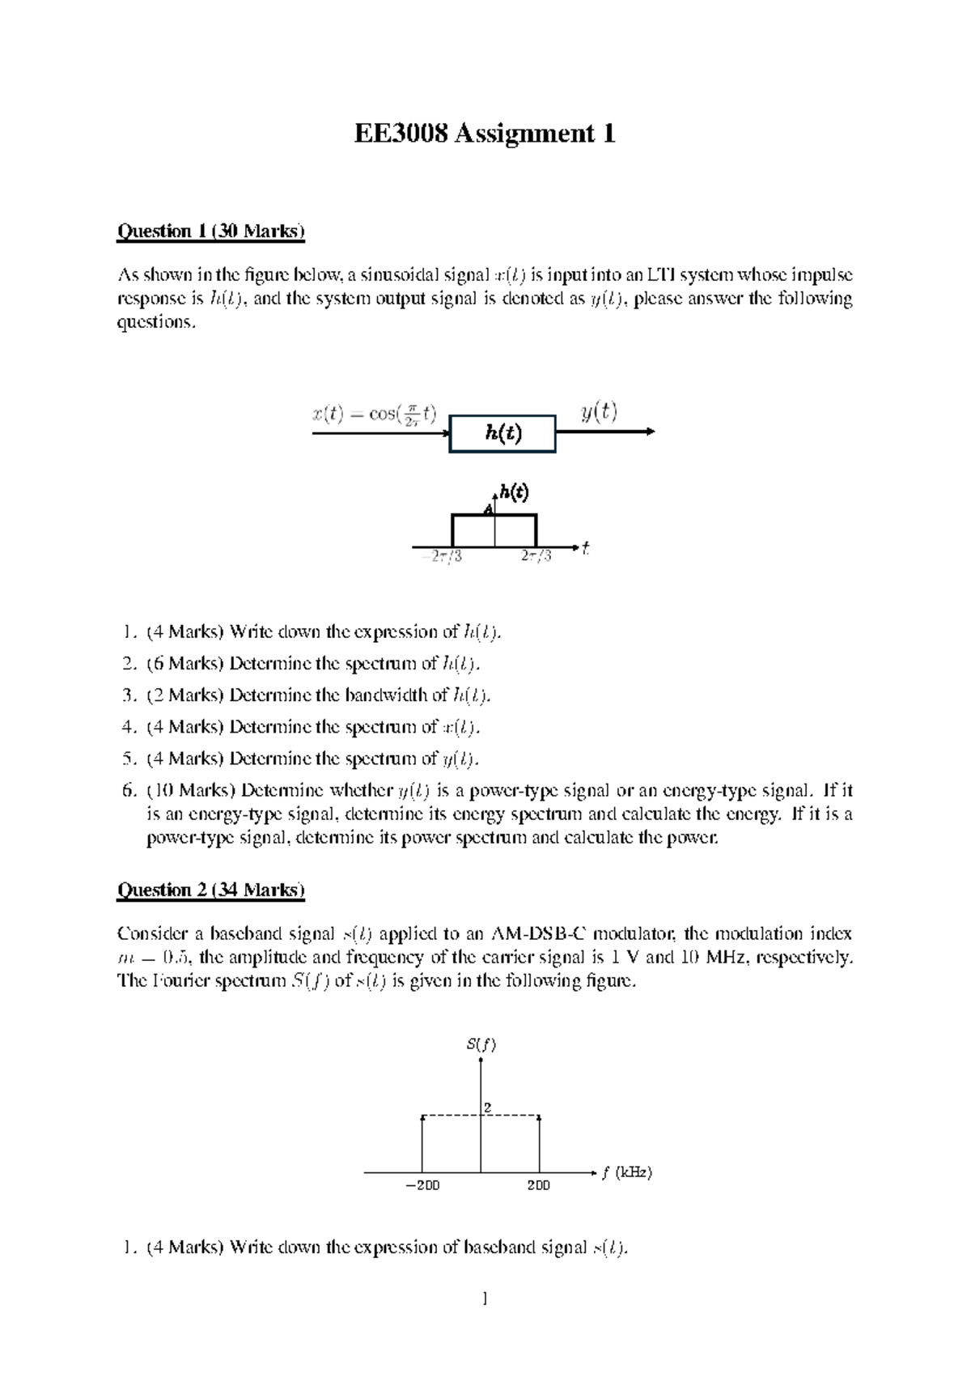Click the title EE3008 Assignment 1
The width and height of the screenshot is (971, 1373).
click(485, 134)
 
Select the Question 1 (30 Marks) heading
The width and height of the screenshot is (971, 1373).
click(211, 232)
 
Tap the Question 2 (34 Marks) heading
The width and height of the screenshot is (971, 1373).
click(211, 891)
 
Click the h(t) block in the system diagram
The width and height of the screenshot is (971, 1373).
click(502, 434)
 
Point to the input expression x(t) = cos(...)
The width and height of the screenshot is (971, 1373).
click(374, 414)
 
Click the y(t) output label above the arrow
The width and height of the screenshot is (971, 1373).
click(599, 412)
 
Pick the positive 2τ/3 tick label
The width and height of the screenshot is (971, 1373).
click(536, 557)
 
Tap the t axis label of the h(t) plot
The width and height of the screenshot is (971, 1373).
click(585, 548)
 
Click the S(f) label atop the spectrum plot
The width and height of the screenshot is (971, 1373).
click(481, 1044)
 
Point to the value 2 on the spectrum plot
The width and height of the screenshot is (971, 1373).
click(488, 1107)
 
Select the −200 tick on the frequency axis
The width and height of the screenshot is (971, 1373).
click(422, 1185)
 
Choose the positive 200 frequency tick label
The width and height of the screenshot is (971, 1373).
click(538, 1185)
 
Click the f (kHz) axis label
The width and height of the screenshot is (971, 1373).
click(626, 1172)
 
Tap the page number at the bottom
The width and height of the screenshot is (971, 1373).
click(484, 1299)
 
